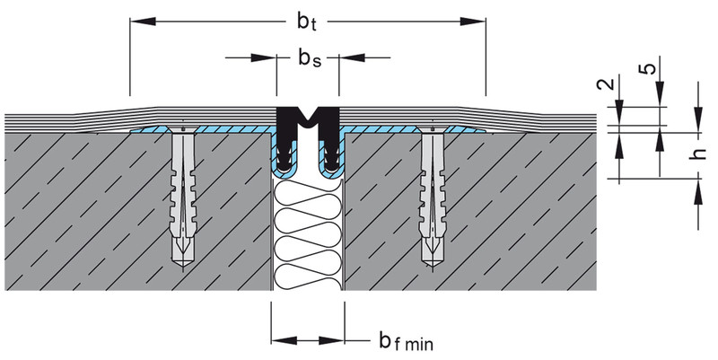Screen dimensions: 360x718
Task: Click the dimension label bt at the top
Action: coord(305,19)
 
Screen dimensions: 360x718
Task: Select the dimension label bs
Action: coord(309,59)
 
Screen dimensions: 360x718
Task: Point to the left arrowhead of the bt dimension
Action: coord(136,19)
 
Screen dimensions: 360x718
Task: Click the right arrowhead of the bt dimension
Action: coord(477,19)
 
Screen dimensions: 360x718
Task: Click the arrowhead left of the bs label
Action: coord(267,59)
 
